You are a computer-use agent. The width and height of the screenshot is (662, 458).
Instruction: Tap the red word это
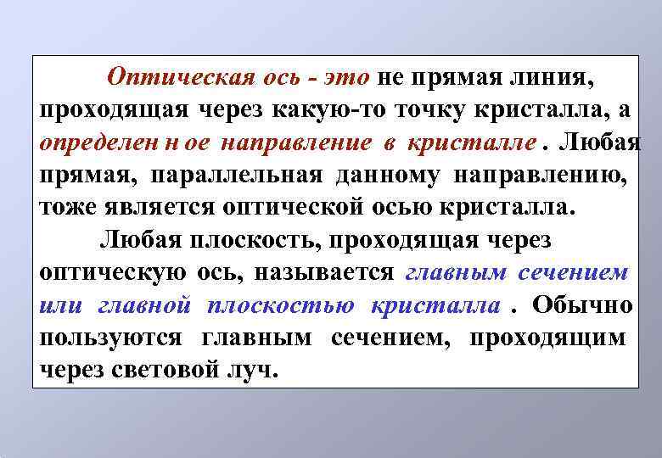(x=345, y=79)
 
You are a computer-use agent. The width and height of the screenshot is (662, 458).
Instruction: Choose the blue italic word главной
(x=143, y=304)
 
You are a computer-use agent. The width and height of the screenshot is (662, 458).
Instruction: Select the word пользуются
(x=110, y=337)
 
